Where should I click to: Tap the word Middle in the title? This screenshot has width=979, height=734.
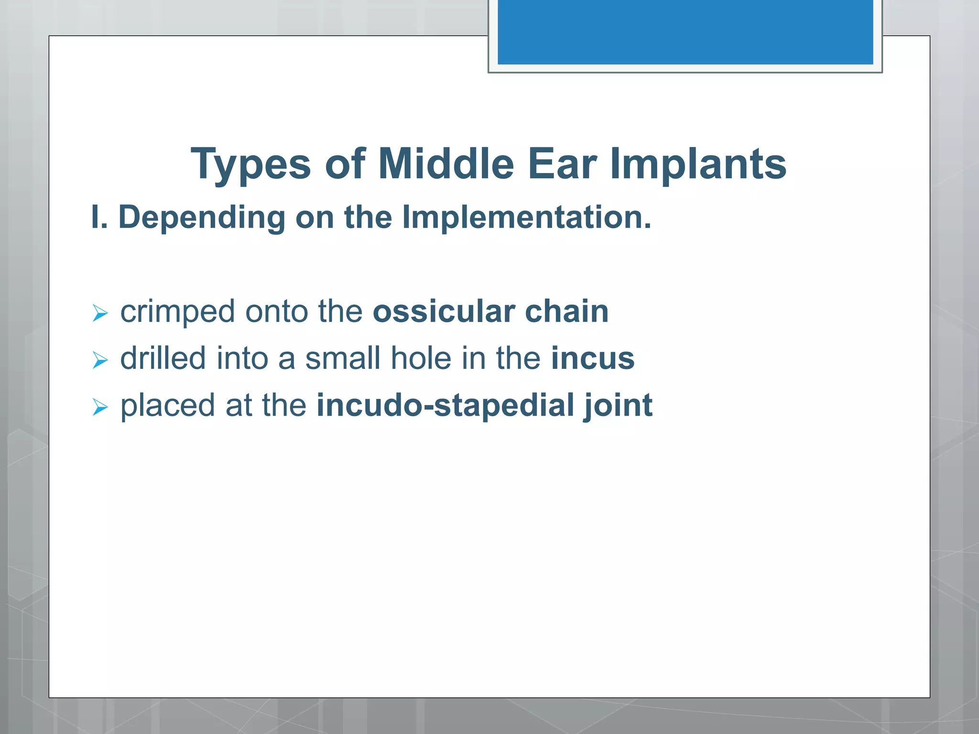point(446,164)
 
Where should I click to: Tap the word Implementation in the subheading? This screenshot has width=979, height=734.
point(526,218)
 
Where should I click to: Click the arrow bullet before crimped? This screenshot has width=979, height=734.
point(100,313)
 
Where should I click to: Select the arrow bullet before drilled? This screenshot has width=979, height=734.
point(100,360)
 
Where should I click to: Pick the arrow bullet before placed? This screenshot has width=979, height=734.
point(100,407)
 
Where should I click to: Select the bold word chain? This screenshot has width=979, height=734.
point(566,312)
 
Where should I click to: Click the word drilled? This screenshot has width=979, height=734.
point(163,358)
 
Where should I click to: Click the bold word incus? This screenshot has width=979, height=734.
point(593,358)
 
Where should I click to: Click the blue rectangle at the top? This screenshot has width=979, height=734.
point(685,32)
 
